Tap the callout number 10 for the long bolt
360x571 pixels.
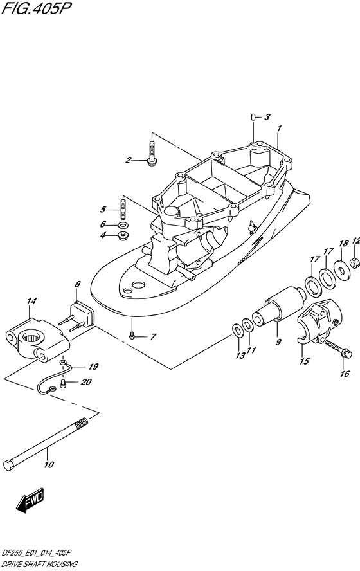coord(49,464)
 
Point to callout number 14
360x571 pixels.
coord(32,301)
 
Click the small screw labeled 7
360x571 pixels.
coord(132,336)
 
